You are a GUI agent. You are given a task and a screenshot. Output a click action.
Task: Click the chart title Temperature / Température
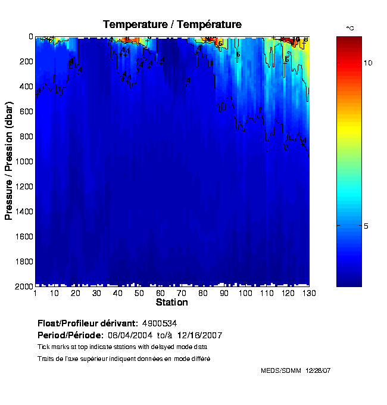pos(172,24)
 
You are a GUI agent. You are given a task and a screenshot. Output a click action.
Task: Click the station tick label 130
pos(309,293)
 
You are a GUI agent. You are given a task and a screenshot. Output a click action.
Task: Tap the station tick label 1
pos(36,293)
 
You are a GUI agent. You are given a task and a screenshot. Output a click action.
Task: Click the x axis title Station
pos(171,302)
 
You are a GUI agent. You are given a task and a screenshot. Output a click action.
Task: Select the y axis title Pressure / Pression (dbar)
pos(9,161)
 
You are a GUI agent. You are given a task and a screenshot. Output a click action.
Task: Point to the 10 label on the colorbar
pos(368,63)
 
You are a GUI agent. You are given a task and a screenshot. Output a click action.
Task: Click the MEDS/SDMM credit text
pos(281,370)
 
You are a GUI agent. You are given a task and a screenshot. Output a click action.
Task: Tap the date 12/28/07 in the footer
pos(318,370)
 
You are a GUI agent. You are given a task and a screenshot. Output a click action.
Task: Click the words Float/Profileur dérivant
pos(88,323)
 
